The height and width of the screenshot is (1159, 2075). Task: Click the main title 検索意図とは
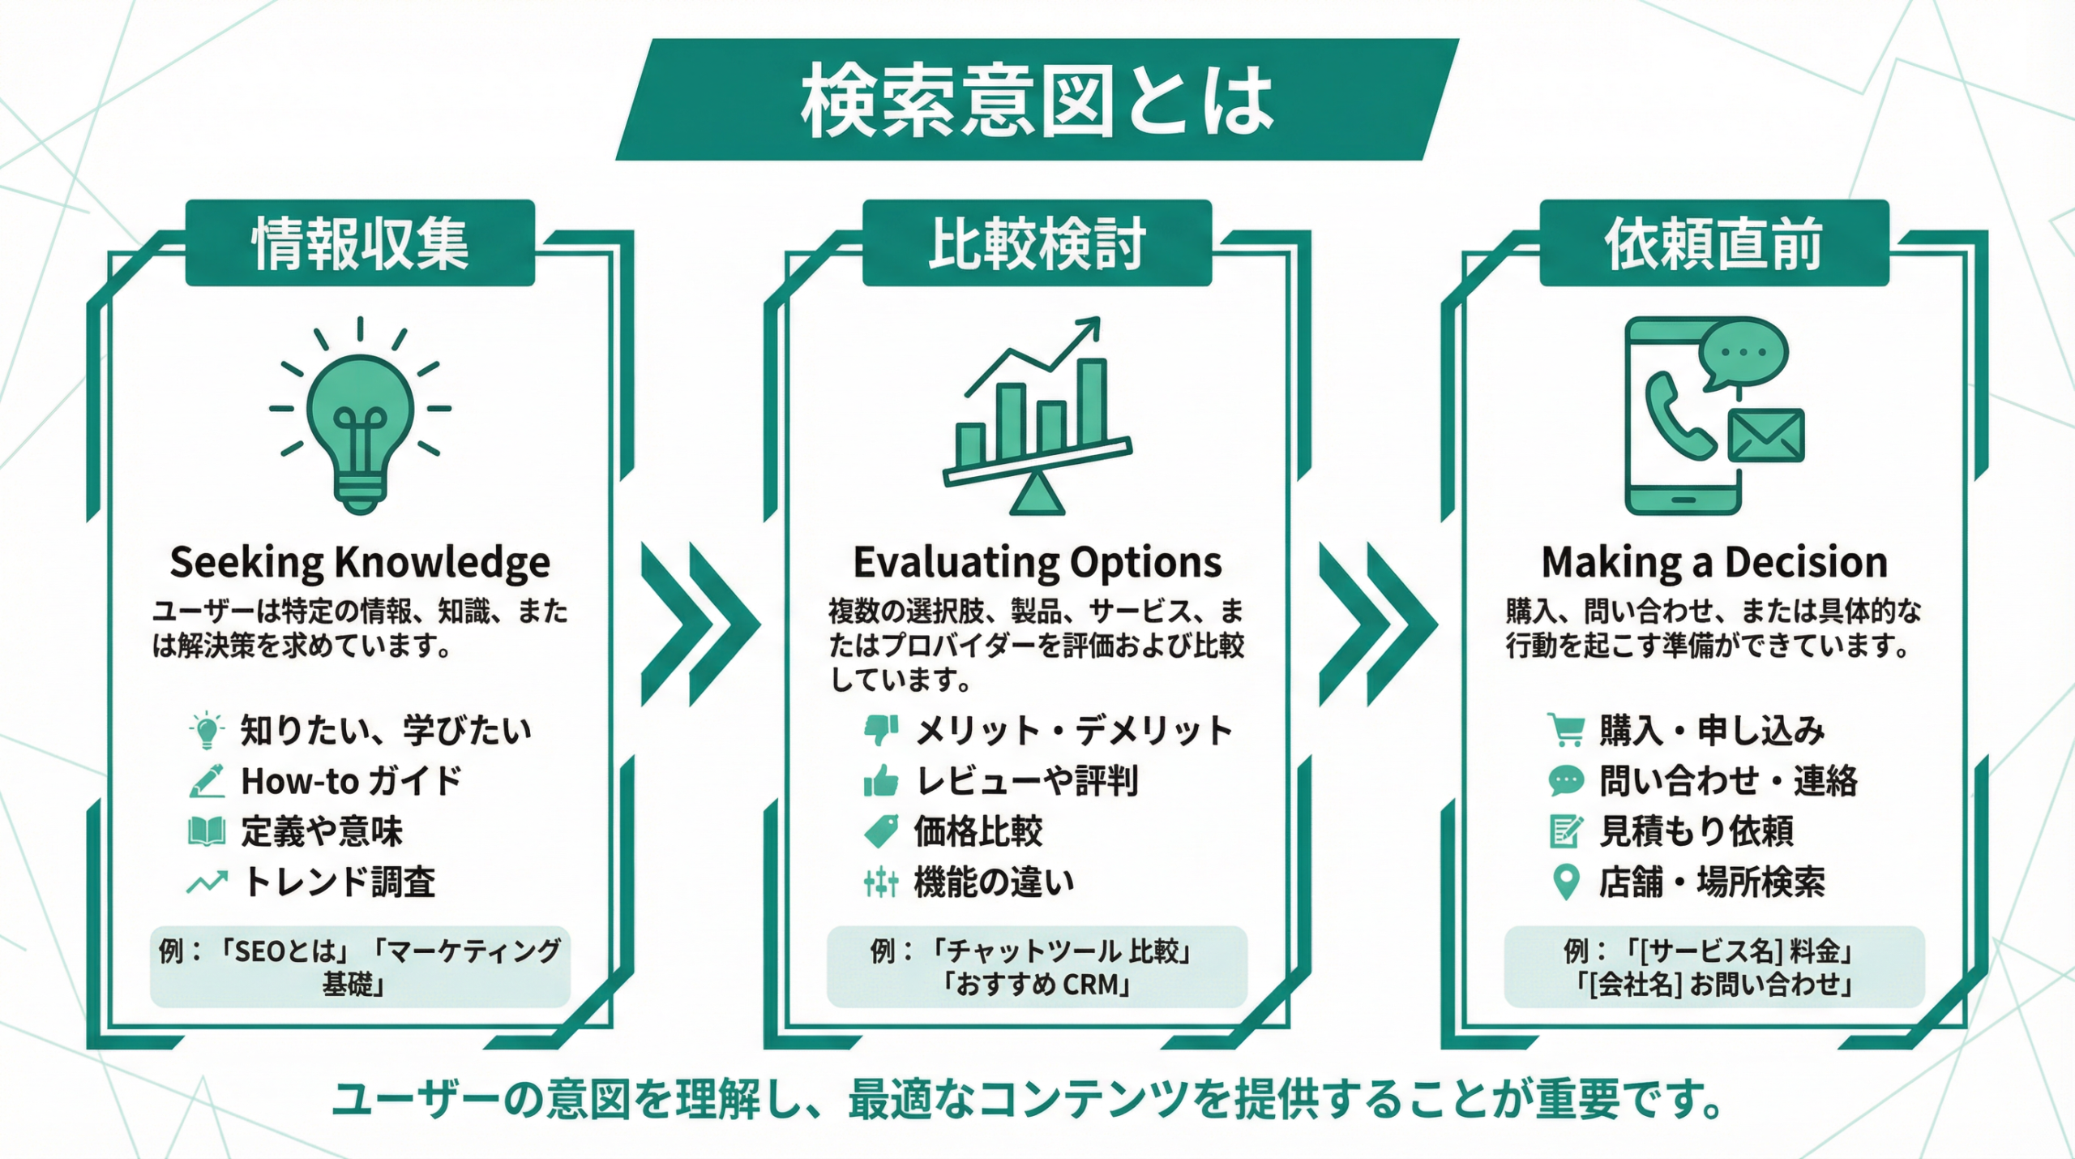coord(1037,101)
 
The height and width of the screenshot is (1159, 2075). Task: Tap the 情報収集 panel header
coord(360,243)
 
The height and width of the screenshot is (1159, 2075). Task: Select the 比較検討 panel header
coord(1037,243)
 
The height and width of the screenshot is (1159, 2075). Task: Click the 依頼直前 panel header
coord(1713,243)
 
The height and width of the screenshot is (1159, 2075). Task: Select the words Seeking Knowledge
coord(360,562)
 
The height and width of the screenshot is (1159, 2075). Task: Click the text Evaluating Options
coord(1037,562)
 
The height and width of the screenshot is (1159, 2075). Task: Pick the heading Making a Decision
coord(1713,562)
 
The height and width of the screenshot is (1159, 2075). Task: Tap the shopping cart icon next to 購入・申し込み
coord(1565,730)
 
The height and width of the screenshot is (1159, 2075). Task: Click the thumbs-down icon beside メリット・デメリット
coord(881,730)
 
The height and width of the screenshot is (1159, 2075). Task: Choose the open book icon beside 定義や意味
coord(206,831)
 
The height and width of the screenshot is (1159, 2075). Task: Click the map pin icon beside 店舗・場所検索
coord(1566,882)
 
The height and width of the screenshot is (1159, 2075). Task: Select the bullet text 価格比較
coord(978,831)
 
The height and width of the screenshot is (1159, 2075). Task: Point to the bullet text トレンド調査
coord(340,882)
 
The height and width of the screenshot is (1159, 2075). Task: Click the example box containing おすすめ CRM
coord(1037,967)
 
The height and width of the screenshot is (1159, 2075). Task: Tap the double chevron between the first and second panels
coord(700,624)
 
